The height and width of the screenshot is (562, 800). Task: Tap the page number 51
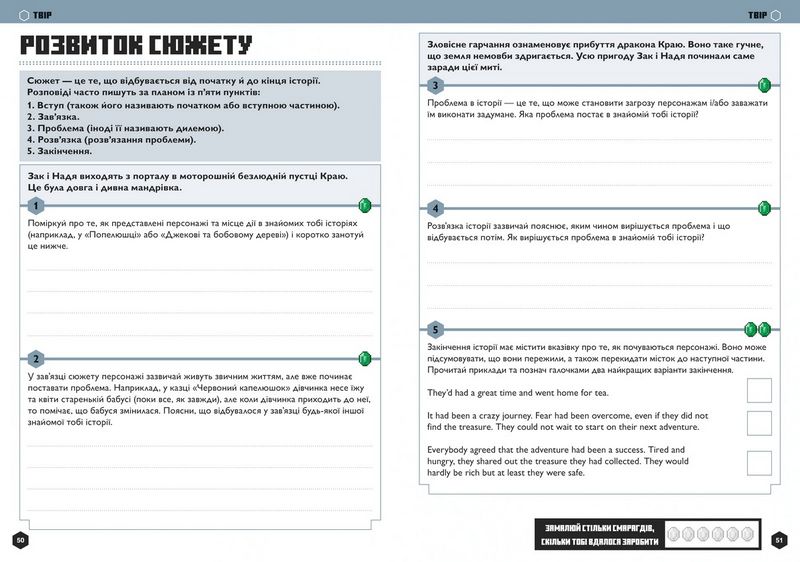pos(780,540)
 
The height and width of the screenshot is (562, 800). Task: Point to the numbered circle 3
pos(435,84)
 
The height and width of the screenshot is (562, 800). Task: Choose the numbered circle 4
pos(435,207)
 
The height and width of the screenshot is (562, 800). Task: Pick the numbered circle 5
pos(435,329)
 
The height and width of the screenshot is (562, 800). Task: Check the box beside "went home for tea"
pos(759,390)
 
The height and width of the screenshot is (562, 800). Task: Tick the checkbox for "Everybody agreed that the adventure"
pos(759,462)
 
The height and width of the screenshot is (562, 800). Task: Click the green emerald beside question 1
pos(365,206)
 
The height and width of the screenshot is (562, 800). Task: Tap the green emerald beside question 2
pos(365,357)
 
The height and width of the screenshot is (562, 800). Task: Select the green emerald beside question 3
pos(765,84)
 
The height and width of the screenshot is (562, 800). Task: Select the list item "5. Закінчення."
pos(66,150)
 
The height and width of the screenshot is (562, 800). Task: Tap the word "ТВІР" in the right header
pos(757,15)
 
